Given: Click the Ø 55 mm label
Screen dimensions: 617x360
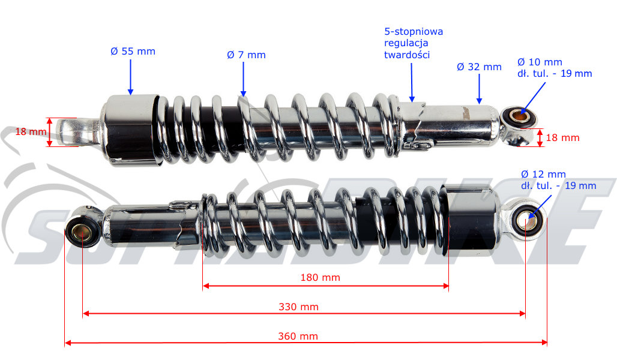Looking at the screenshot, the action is pyautogui.click(x=133, y=52).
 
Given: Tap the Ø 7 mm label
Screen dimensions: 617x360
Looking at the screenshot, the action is pyautogui.click(x=246, y=55).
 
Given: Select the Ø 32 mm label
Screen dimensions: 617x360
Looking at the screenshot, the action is pyautogui.click(x=480, y=67).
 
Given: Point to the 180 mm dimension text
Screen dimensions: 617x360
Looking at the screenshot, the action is pyautogui.click(x=321, y=277).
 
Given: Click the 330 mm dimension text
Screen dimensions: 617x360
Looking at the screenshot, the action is pyautogui.click(x=299, y=307).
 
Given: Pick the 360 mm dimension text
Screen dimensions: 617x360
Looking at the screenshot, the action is pyautogui.click(x=298, y=337).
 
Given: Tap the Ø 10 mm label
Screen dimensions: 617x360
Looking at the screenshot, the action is pyautogui.click(x=540, y=62).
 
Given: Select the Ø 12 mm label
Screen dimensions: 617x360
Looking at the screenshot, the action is pyautogui.click(x=543, y=174).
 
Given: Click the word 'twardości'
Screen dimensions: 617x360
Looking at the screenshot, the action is pyautogui.click(x=407, y=55).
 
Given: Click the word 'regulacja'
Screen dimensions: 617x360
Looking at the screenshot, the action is pyautogui.click(x=406, y=43).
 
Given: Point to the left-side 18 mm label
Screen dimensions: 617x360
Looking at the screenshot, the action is pyautogui.click(x=31, y=131).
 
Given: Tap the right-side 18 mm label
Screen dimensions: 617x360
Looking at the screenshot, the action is pyautogui.click(x=563, y=138).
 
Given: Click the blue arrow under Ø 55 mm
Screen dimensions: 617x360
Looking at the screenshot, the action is pyautogui.click(x=130, y=77).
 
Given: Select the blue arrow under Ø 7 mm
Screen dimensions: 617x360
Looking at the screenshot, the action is pyautogui.click(x=243, y=79).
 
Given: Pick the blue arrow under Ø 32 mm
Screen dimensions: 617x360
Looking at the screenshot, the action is pyautogui.click(x=480, y=89).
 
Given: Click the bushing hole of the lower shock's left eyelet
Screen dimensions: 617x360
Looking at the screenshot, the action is pyautogui.click(x=82, y=233).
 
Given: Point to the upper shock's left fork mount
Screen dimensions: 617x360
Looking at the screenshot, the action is pyautogui.click(x=77, y=131).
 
